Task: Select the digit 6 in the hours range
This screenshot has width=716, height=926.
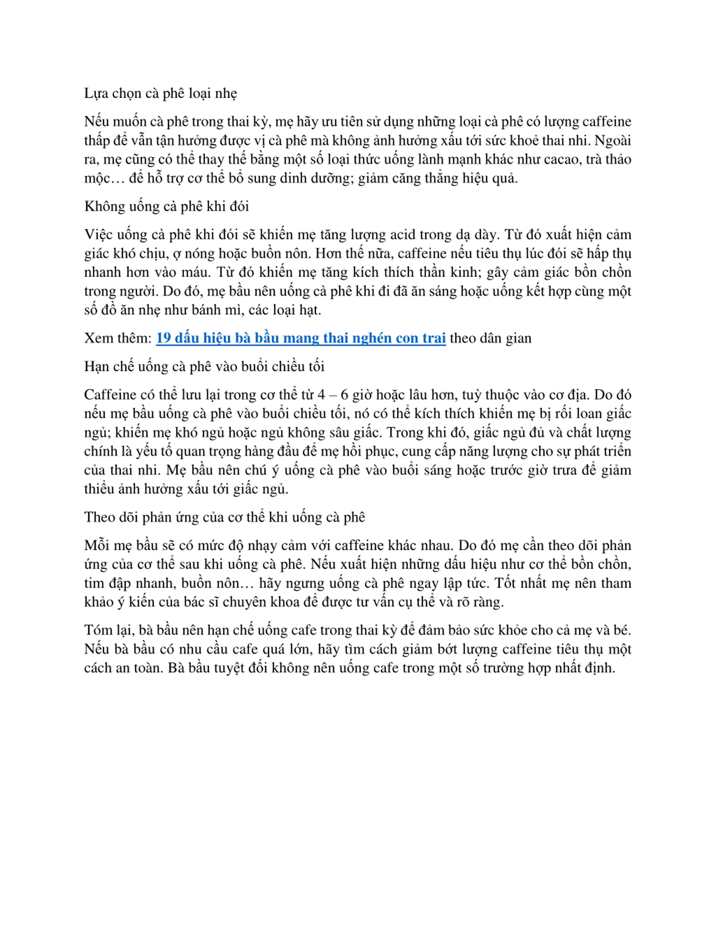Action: click(344, 395)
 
